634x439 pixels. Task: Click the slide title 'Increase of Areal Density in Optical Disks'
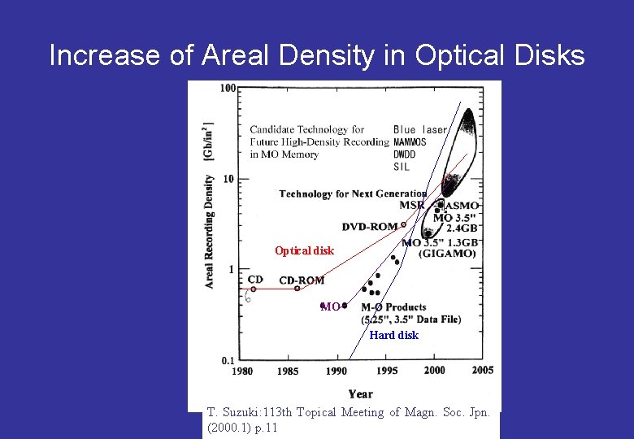[x=317, y=55]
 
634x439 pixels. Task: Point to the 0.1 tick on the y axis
[x=228, y=360]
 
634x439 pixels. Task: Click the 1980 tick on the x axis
[x=242, y=372]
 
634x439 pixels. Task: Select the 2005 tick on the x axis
[x=483, y=371]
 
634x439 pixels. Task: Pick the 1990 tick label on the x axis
[x=337, y=372]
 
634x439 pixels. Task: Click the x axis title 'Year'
[x=360, y=394]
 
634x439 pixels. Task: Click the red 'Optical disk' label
[x=304, y=251]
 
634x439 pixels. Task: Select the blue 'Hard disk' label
[x=393, y=335]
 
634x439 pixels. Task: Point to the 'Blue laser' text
[x=420, y=129]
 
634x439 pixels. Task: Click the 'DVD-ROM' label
[x=370, y=227]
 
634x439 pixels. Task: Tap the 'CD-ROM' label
[x=302, y=280]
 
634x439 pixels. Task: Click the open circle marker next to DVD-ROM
[x=403, y=224]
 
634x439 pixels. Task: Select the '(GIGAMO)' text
[x=447, y=254]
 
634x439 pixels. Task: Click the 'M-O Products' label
[x=393, y=307]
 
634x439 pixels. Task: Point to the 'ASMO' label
[x=462, y=206]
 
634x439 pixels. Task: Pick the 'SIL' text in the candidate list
[x=402, y=167]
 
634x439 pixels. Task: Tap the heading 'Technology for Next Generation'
[x=353, y=193]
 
